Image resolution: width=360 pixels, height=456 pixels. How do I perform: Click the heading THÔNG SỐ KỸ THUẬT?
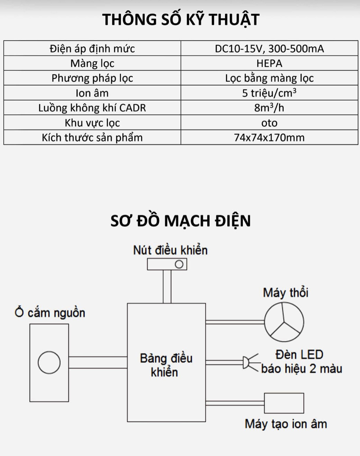tap(181, 19)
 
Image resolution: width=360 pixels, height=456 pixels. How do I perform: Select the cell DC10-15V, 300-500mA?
tap(269, 49)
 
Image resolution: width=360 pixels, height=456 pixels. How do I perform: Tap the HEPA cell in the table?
tap(269, 63)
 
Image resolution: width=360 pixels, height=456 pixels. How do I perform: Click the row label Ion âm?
tap(92, 93)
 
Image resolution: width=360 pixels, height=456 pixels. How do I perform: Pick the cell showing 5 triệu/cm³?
tap(269, 93)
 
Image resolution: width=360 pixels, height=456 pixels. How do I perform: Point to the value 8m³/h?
tap(269, 108)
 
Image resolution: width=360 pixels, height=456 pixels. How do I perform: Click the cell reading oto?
tap(269, 123)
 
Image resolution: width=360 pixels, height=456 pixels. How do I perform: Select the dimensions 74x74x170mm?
tap(269, 138)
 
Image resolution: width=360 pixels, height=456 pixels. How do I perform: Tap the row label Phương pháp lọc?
tap(92, 78)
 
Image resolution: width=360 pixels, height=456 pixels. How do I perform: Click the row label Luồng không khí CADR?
tap(92, 108)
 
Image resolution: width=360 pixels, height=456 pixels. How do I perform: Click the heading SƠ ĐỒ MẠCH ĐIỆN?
tap(181, 221)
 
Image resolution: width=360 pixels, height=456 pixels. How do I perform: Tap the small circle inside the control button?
tap(179, 265)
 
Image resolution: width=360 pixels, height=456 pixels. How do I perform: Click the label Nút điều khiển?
tap(170, 250)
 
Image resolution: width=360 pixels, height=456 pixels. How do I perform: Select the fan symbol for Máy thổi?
tap(284, 322)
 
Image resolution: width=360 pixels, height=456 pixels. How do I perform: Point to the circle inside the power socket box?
tap(49, 362)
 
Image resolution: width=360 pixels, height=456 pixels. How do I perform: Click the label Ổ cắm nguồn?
tap(50, 313)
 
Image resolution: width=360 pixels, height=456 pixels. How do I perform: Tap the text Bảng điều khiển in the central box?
tap(166, 365)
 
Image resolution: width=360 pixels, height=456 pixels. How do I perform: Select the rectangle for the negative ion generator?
tap(284, 403)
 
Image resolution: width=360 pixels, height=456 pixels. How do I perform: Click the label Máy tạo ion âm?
tap(286, 424)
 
